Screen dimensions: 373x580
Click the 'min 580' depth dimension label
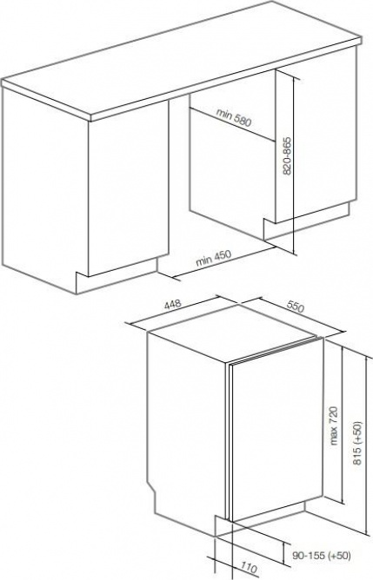(x=234, y=117)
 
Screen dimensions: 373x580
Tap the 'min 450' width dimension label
(x=213, y=258)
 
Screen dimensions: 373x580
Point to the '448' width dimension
(x=173, y=304)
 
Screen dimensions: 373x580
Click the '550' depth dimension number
(x=296, y=306)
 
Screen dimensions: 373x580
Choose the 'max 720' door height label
(x=334, y=425)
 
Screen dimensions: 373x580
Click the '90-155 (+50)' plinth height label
(x=321, y=555)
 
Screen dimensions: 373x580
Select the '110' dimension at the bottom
(x=249, y=568)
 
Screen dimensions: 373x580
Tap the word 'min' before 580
(x=224, y=114)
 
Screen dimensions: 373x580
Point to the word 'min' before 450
(x=204, y=260)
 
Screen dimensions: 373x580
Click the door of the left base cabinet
(x=129, y=187)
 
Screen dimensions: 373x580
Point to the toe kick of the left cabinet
(x=117, y=275)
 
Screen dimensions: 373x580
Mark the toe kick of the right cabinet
(x=306, y=221)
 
